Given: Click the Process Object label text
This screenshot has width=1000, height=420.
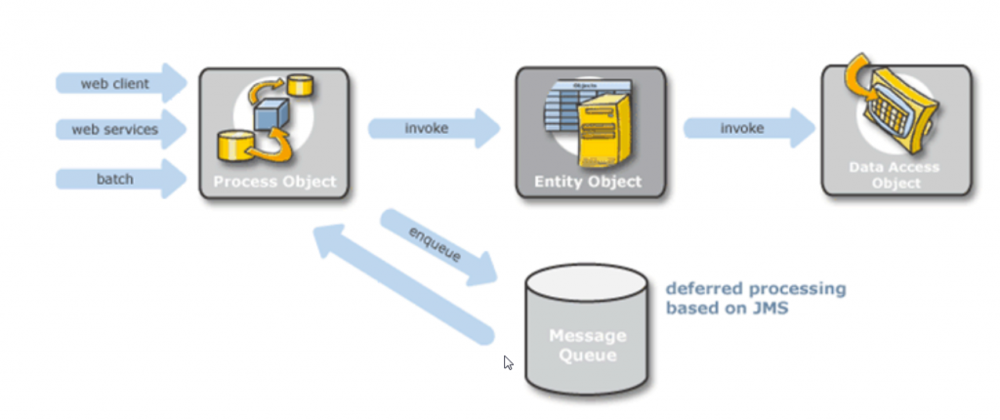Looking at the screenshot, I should pos(274,182).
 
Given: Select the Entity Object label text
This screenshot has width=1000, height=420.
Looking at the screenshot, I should pos(588,182).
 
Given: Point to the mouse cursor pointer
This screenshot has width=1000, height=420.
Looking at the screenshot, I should pos(508,361).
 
